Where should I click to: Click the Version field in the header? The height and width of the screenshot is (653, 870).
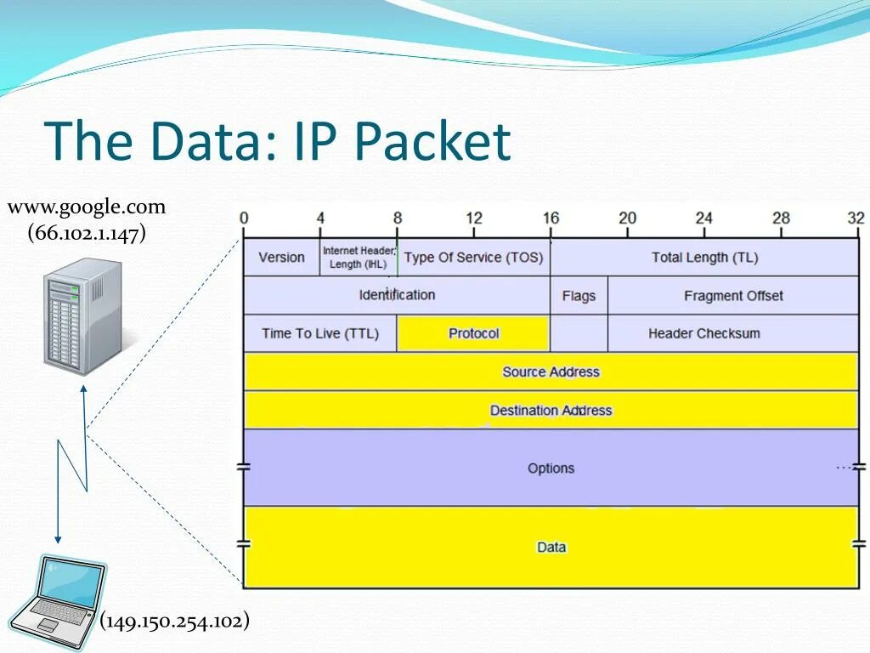[x=281, y=258]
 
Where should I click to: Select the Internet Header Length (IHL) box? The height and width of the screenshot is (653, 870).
[x=359, y=258]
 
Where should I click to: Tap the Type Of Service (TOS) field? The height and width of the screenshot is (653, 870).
[x=473, y=258]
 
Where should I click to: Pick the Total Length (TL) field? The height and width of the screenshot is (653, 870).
[x=704, y=258]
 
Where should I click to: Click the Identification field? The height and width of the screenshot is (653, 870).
[x=397, y=295]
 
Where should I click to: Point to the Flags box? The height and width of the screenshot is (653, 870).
[x=579, y=296]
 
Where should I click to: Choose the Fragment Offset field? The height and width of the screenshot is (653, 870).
[x=732, y=296]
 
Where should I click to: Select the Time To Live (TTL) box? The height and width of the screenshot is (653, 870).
[x=320, y=333]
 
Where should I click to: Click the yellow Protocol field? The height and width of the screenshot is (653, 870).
[x=473, y=333]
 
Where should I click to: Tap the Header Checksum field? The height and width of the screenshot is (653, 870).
[x=703, y=333]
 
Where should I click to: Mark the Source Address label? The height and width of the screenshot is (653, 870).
[x=551, y=372]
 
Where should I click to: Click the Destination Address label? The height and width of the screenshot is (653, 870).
[x=551, y=411]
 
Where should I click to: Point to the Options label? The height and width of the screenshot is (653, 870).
[x=551, y=468]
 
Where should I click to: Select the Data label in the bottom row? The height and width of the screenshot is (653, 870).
[x=551, y=548]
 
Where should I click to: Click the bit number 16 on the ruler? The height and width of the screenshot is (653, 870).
[x=551, y=219]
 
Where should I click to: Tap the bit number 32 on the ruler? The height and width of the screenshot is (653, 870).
[x=856, y=219]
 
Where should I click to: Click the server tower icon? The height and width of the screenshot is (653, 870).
[x=82, y=314]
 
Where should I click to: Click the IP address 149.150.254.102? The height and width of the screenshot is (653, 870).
[x=175, y=622]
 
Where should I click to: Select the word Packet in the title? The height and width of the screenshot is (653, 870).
[x=432, y=141]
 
